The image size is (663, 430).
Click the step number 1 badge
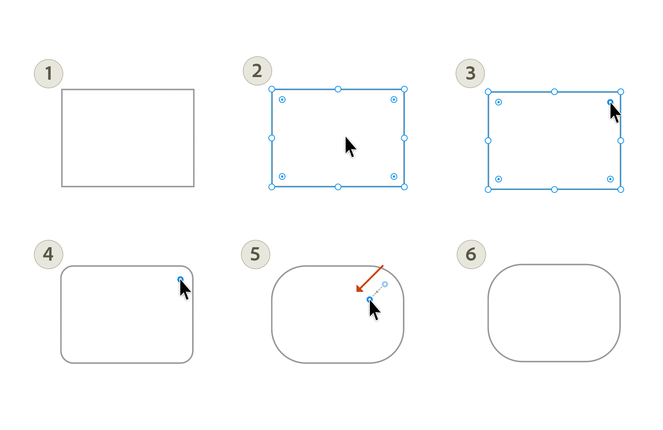[48, 73]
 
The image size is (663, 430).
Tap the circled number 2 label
[257, 71]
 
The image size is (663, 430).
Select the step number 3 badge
[470, 73]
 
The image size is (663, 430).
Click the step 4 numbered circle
[48, 254]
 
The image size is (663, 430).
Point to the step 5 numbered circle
[256, 254]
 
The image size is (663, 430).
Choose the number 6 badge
[471, 254]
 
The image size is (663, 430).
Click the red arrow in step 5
[369, 278]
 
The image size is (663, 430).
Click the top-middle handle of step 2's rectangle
[338, 89]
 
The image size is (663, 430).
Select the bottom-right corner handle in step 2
[404, 187]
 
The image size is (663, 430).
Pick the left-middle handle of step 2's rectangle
[272, 138]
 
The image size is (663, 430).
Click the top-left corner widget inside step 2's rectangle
[282, 99]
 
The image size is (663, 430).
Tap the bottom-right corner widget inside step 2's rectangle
[394, 176]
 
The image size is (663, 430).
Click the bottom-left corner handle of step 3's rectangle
[488, 189]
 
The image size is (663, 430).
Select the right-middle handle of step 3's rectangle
[621, 141]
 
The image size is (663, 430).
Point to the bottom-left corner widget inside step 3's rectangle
[498, 179]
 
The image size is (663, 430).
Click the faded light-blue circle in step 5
[385, 284]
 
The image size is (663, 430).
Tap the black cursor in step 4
[184, 289]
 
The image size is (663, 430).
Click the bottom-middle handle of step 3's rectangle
[554, 189]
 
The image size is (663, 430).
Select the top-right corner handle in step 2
[404, 89]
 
